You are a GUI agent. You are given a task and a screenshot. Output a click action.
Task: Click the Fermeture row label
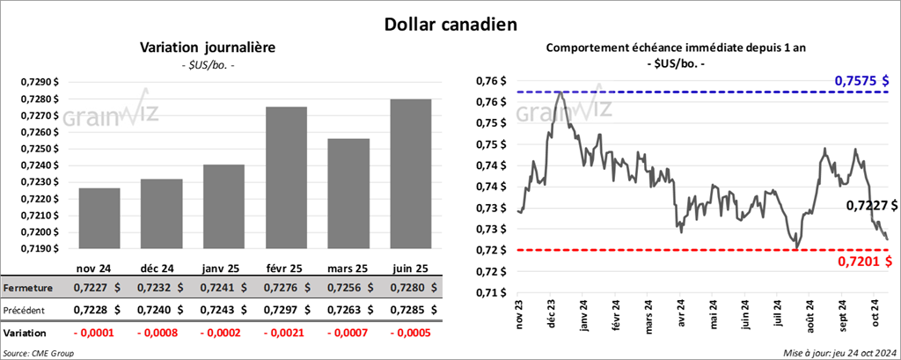tap(28, 288)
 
